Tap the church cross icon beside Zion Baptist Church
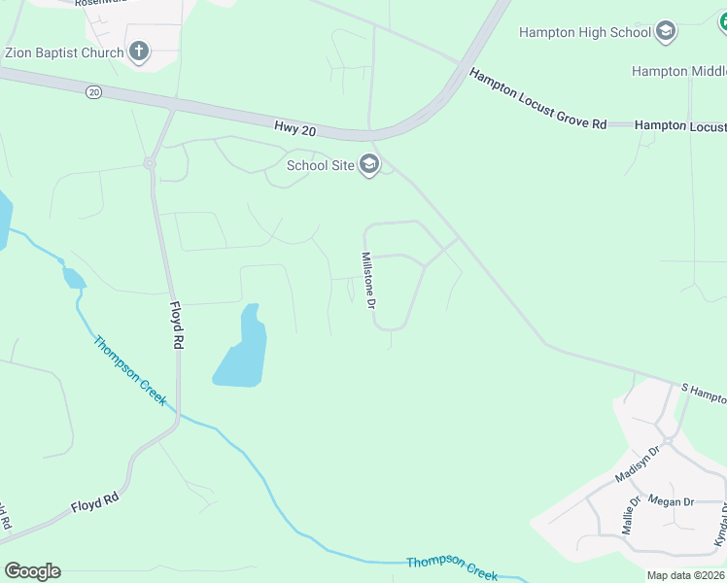click(x=139, y=52)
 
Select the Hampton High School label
click(x=584, y=32)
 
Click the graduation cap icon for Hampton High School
click(x=666, y=32)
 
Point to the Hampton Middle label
click(x=678, y=71)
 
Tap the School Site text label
click(x=320, y=165)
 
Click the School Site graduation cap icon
click(x=368, y=165)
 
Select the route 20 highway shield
click(x=93, y=91)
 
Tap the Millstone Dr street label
click(x=368, y=281)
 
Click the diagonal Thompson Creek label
click(x=130, y=371)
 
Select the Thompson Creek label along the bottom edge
click(x=452, y=568)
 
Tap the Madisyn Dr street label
click(x=638, y=464)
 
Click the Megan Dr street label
click(x=670, y=502)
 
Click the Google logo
click(x=32, y=571)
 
